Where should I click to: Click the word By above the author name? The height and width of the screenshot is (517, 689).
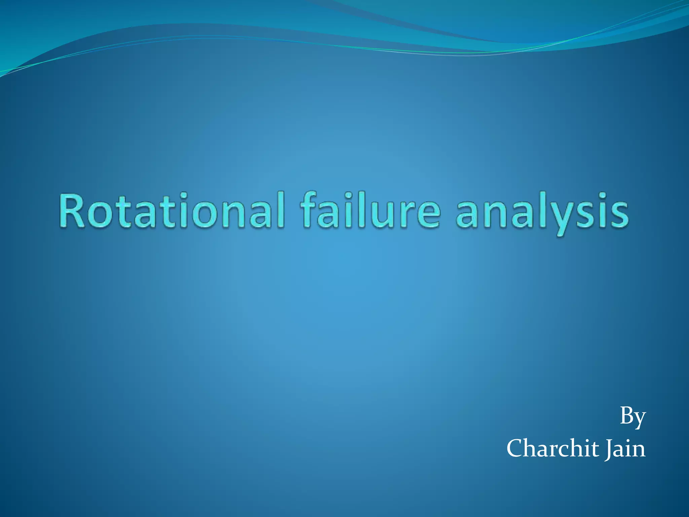click(x=632, y=417)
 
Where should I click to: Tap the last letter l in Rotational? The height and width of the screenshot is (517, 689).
click(x=281, y=210)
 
